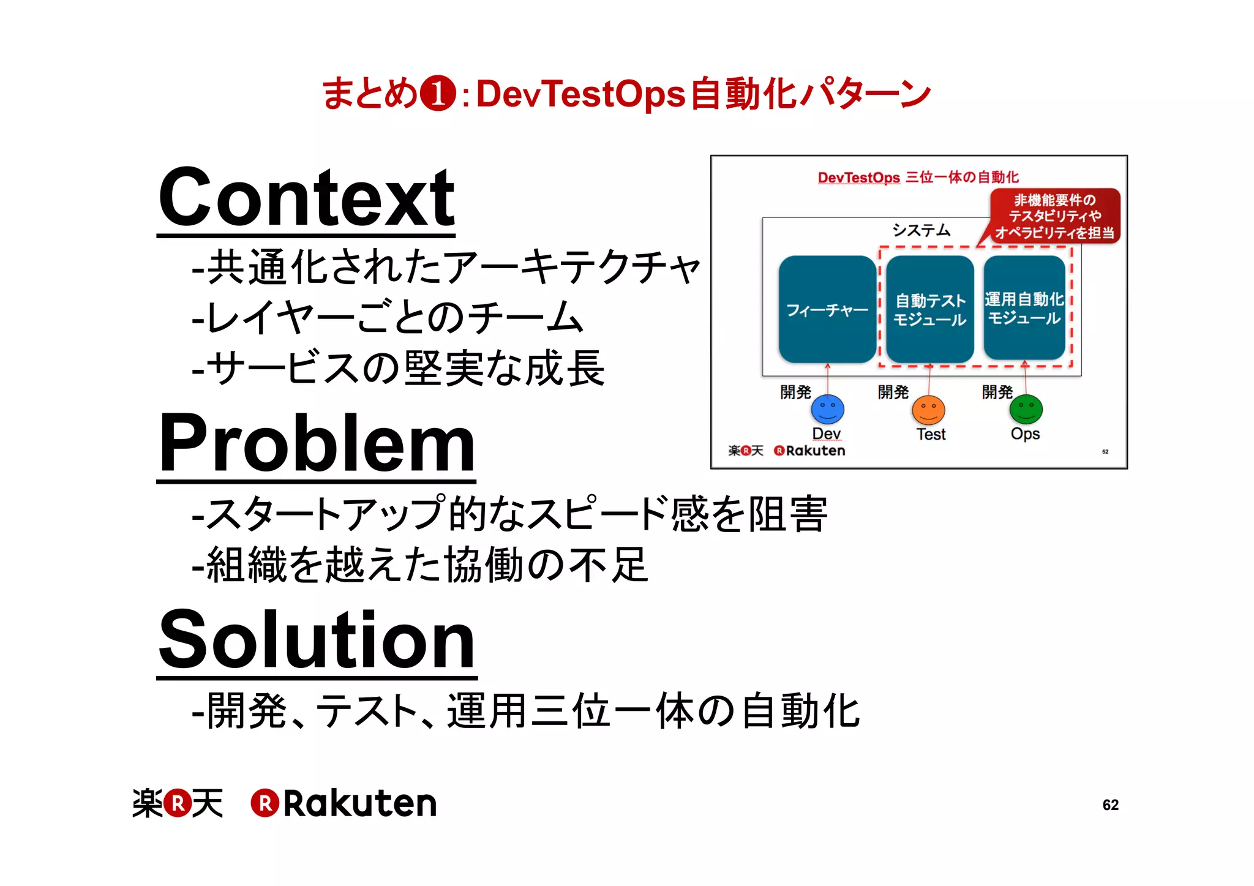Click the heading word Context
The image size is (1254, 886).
pyautogui.click(x=306, y=199)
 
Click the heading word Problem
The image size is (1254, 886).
pyautogui.click(x=317, y=444)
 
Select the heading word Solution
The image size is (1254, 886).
pyautogui.click(x=317, y=640)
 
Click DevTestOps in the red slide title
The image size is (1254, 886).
pyautogui.click(x=580, y=96)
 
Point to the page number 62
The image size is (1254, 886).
pyautogui.click(x=1110, y=805)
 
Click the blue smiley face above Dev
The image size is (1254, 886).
pyautogui.click(x=827, y=409)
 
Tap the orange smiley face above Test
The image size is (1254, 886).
pyautogui.click(x=928, y=410)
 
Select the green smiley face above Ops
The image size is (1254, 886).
pyautogui.click(x=1026, y=409)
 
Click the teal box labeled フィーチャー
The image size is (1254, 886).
pyautogui.click(x=827, y=310)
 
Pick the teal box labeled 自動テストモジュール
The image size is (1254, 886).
pyautogui.click(x=929, y=310)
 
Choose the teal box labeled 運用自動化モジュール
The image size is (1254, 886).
pyautogui.click(x=1024, y=308)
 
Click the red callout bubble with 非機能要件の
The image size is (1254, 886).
pyautogui.click(x=1054, y=216)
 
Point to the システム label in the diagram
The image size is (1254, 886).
pyautogui.click(x=921, y=230)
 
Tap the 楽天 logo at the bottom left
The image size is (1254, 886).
pyautogui.click(x=178, y=803)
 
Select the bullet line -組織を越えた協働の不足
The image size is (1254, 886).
pyautogui.click(x=420, y=565)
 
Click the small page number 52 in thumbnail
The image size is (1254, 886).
pyautogui.click(x=1105, y=452)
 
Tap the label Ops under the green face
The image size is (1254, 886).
pyautogui.click(x=1025, y=434)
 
